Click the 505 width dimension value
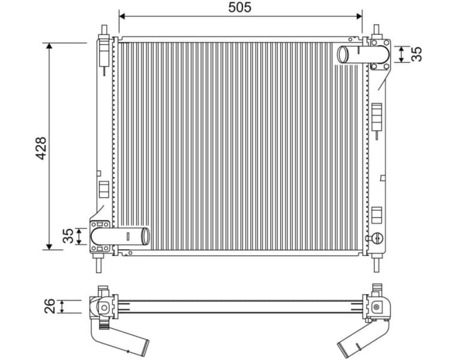click(239, 7)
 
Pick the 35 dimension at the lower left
click(68, 236)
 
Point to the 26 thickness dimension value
click(50, 306)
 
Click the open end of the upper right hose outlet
click(342, 54)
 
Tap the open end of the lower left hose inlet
click(145, 235)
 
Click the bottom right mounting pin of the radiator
click(377, 263)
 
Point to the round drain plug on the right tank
click(377, 236)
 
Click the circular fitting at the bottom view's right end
click(377, 307)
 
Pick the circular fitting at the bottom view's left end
click(104, 307)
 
